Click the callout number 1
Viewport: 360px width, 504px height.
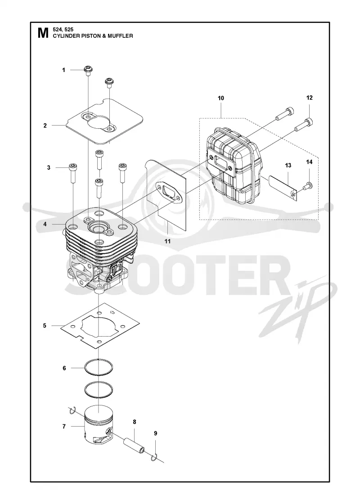click(63, 70)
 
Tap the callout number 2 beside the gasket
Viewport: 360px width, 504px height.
click(45, 126)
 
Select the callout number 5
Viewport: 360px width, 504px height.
click(45, 326)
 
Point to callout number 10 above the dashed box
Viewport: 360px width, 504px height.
click(221, 98)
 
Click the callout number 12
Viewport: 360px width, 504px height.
click(309, 98)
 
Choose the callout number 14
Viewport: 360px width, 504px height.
click(309, 162)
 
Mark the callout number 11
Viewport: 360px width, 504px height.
click(167, 241)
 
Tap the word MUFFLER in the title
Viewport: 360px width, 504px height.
click(121, 36)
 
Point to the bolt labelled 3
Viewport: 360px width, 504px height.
click(72, 173)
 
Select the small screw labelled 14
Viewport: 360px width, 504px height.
click(308, 185)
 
